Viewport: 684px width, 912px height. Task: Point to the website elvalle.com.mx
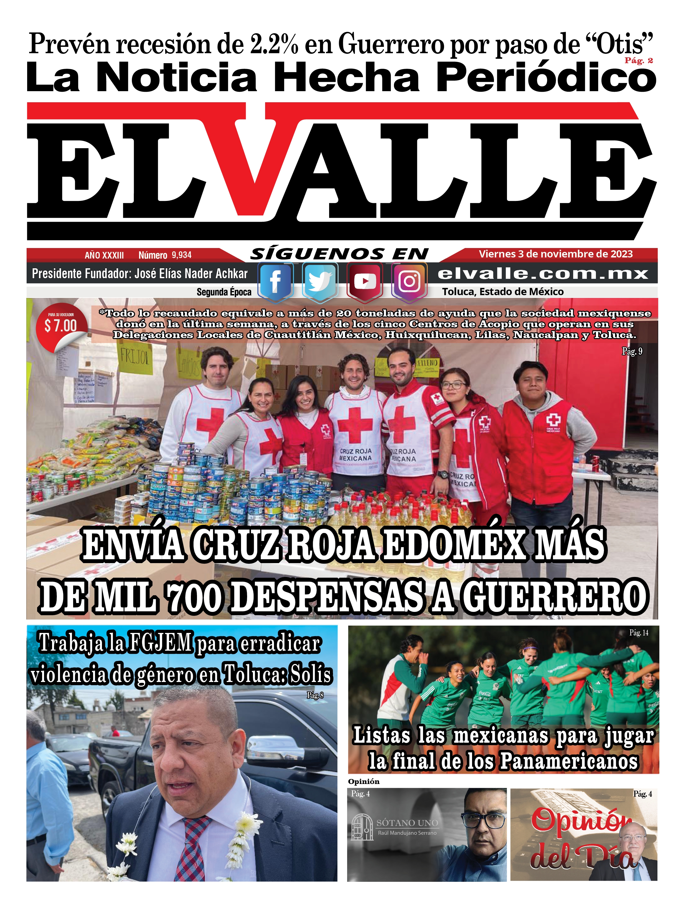[x=543, y=274]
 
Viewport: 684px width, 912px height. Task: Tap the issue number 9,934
[x=182, y=255]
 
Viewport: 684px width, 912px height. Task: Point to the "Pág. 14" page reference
[x=638, y=633]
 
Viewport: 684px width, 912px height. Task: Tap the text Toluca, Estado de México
[x=503, y=292]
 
